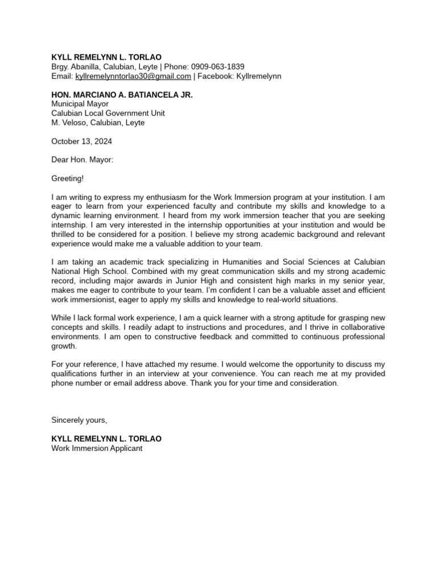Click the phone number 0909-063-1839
tap(218, 66)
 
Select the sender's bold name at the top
tap(106, 57)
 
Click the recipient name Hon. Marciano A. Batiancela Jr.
tap(122, 95)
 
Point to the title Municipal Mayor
tap(80, 104)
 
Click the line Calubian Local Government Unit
tap(108, 113)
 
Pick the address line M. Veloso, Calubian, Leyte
tap(98, 122)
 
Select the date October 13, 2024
tap(81, 141)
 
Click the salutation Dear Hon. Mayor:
tap(83, 160)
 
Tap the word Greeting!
tap(67, 178)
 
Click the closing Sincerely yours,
tap(79, 420)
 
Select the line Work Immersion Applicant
tap(97, 448)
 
